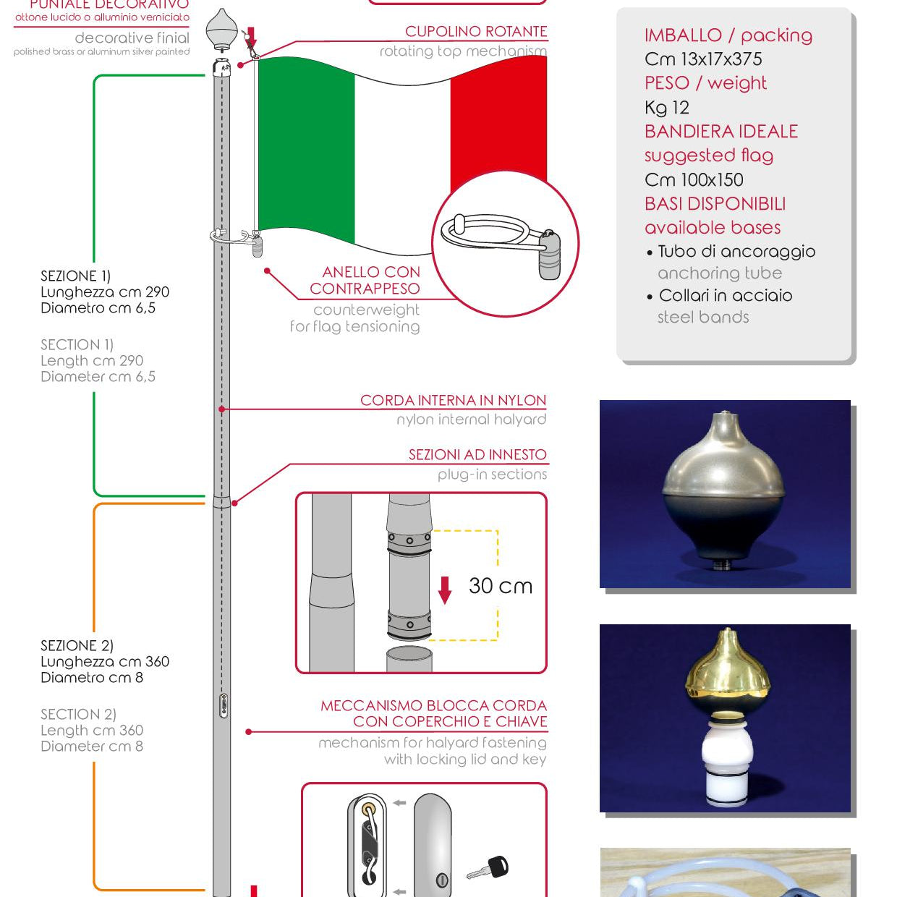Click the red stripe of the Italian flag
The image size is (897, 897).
coord(499,130)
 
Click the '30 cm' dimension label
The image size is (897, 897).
coord(500,586)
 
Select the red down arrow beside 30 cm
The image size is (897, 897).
coord(445,590)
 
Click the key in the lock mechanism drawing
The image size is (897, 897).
coord(489,867)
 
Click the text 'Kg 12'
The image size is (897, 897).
coord(666,108)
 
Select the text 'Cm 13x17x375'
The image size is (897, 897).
coord(702,59)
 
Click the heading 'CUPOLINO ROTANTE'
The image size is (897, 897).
coord(475,32)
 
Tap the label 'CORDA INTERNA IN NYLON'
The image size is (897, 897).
coord(453,401)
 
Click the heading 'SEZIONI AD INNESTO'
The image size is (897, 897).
coord(477,455)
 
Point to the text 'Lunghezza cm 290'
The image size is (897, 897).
coord(105,292)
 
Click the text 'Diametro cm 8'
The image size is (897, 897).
coord(92,678)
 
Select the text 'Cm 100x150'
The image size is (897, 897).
coord(694,180)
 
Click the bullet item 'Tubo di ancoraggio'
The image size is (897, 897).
coord(736,252)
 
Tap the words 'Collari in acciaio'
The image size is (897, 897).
coord(725,296)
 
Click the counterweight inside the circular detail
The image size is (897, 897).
coord(549,255)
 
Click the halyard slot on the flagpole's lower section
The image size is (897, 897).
coord(224,705)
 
